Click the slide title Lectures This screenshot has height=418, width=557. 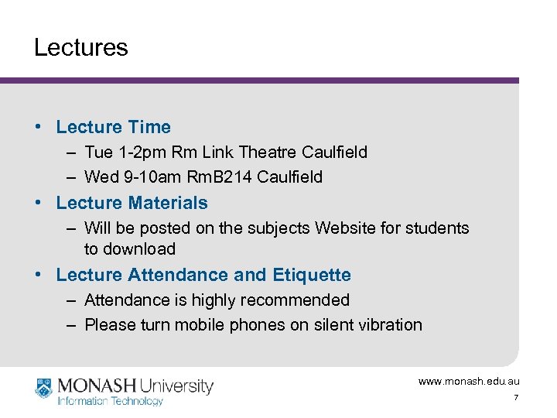point(80,48)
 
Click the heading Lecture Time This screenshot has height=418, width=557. point(113,127)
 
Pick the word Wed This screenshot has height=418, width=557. point(101,177)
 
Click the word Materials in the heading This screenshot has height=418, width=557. point(168,204)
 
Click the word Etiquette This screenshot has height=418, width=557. point(312,276)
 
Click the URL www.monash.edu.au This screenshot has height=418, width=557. point(469,382)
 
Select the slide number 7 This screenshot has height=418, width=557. point(516,398)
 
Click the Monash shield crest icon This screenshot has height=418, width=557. point(44,387)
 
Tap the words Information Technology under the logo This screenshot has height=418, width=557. point(111,401)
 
